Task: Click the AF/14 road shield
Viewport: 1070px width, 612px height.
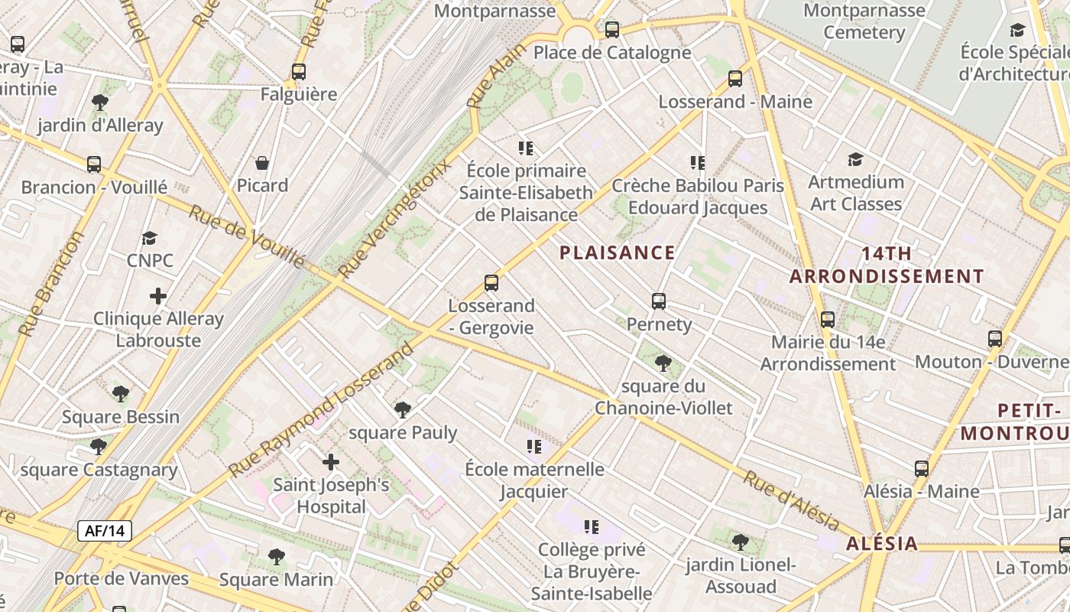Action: point(105,531)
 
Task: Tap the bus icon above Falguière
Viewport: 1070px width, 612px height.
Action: point(299,72)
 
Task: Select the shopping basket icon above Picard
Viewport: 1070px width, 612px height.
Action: point(262,163)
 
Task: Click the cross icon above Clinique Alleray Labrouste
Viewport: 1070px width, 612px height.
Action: point(158,296)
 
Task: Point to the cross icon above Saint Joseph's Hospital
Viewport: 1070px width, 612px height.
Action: point(331,462)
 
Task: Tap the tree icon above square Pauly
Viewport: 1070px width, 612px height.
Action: point(403,410)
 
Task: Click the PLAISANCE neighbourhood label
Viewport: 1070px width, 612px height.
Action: point(618,253)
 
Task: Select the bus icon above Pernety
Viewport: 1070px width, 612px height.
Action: point(659,301)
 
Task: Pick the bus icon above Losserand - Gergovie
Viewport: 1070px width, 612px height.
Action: point(491,283)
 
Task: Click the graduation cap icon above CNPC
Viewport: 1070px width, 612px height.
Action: point(150,238)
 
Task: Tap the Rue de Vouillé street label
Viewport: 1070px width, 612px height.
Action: point(247,236)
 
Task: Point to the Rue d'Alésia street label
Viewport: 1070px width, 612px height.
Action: point(792,502)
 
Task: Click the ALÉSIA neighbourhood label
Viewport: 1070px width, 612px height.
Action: point(882,544)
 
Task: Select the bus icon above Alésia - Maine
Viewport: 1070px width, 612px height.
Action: point(922,469)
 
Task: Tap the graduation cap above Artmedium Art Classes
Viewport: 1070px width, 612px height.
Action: point(855,159)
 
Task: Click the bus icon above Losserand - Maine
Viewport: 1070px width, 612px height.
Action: point(735,78)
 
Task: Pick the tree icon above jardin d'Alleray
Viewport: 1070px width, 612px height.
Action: point(99,103)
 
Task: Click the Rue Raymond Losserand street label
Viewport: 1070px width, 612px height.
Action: point(322,411)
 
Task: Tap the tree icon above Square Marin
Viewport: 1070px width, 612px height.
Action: point(277,557)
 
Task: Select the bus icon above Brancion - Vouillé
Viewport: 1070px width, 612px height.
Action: point(94,164)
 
